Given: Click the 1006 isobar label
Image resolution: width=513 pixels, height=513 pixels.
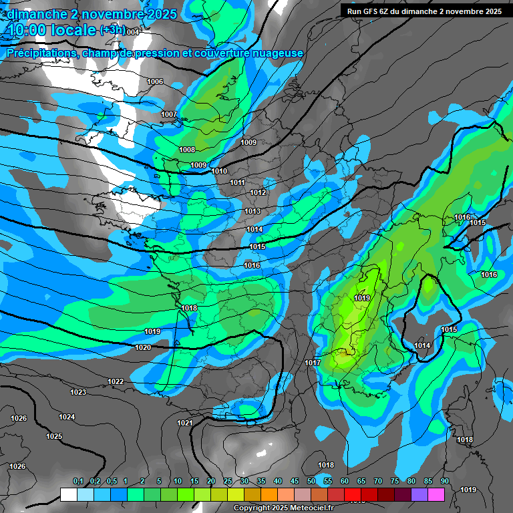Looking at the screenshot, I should [x=155, y=81].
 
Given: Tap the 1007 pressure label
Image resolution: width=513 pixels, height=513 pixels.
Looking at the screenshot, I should [x=169, y=114].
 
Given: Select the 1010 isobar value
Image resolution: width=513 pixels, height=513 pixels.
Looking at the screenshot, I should [x=219, y=171].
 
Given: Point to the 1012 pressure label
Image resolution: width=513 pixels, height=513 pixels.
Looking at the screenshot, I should [x=259, y=192].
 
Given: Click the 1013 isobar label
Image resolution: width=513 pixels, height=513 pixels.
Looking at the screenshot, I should [x=252, y=211].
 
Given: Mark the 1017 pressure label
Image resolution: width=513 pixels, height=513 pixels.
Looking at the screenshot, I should [x=313, y=363].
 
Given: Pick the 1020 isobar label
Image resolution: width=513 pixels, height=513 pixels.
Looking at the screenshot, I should [x=143, y=347].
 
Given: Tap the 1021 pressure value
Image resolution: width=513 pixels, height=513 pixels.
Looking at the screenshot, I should [x=185, y=423].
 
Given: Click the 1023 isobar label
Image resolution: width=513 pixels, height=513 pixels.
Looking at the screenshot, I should [x=78, y=392].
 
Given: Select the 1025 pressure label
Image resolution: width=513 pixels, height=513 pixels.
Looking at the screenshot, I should [x=54, y=436].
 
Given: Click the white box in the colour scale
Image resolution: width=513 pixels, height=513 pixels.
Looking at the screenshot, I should [x=68, y=494].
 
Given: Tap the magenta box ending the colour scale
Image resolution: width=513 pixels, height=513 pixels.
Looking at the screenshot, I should [x=436, y=494].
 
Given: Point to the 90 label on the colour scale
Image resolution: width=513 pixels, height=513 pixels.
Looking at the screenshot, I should [x=444, y=482].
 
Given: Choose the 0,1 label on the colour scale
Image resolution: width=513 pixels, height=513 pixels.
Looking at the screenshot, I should [x=78, y=482].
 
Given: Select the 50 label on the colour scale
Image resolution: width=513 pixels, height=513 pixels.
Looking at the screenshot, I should [x=311, y=482].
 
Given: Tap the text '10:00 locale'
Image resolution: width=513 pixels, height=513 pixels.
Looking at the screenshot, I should [x=51, y=30].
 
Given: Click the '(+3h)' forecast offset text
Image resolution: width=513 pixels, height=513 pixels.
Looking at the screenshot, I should [x=112, y=30].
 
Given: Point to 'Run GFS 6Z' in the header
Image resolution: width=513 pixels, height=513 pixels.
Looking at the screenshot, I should [x=371, y=11].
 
